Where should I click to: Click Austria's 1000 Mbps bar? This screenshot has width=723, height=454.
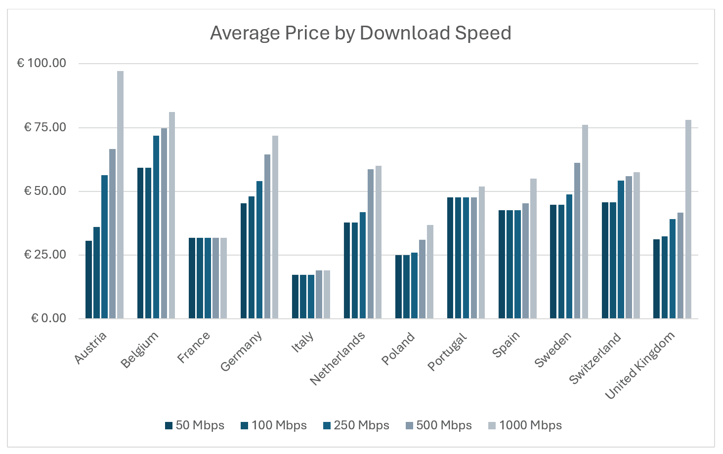(120, 195)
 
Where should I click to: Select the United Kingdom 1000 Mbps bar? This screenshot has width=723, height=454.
(688, 219)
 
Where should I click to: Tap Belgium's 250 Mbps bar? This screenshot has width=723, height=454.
(156, 227)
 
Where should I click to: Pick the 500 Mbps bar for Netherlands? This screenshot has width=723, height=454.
(371, 244)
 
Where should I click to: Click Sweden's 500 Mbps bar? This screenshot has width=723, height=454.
(577, 241)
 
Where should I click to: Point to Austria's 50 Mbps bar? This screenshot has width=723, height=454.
(88, 279)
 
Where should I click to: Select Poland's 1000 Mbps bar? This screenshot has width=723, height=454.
(430, 272)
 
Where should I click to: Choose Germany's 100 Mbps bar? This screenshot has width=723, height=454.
(252, 258)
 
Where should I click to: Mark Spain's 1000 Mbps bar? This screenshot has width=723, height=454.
(533, 249)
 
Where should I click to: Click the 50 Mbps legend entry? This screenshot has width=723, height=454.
(195, 425)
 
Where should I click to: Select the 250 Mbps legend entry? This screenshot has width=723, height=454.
(356, 425)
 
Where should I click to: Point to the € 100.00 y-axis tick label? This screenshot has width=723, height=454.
(42, 63)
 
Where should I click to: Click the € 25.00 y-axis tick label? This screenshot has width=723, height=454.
(45, 255)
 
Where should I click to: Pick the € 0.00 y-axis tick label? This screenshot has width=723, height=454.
(48, 318)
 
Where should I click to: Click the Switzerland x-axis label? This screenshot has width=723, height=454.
(595, 358)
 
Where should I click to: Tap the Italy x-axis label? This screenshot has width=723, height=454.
(302, 342)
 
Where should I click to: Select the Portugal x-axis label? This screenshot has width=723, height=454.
(447, 352)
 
